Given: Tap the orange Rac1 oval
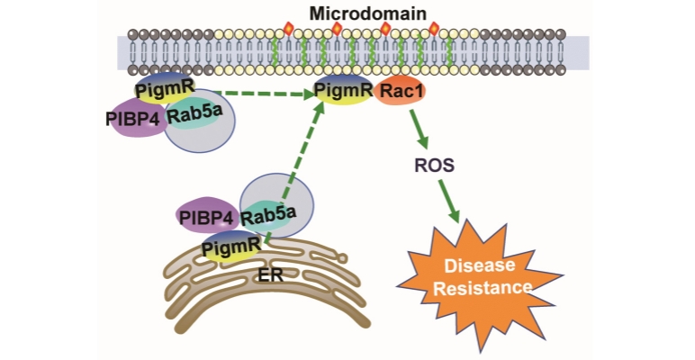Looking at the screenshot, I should [x=403, y=92].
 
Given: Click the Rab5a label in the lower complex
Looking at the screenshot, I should [x=266, y=218].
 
